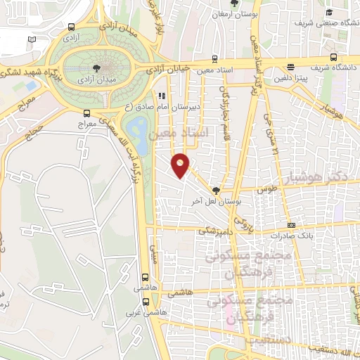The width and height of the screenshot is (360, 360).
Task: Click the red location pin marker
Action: pos(181,165)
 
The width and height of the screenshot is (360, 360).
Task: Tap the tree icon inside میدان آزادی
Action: pos(96,68)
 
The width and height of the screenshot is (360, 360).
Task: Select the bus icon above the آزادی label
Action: pos(71,27)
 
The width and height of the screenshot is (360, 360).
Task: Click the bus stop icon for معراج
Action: pos(86,113)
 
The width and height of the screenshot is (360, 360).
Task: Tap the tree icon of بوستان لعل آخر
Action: pos(216,191)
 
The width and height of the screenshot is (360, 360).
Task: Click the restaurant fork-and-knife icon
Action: pos(162,95)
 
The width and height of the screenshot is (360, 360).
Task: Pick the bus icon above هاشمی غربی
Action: pos(146,277)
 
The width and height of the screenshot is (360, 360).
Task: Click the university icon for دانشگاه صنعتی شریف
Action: pos(330,12)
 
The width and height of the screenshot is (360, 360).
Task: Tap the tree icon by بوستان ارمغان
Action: pos(233,4)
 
